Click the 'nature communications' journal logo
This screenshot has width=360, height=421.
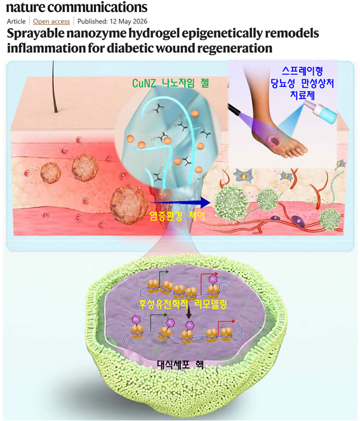[77, 7]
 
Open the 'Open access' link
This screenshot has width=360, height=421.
[51, 22]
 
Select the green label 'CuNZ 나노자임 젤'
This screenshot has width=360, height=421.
[170, 83]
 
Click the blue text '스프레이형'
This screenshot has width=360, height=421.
[302, 70]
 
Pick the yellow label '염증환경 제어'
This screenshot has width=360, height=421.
[177, 216]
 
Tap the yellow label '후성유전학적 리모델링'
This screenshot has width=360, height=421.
[183, 304]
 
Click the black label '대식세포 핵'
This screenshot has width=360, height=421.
[180, 364]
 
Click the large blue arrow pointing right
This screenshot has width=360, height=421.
[180, 203]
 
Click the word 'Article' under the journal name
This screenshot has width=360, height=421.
[16, 22]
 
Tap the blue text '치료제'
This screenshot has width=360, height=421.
[303, 95]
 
